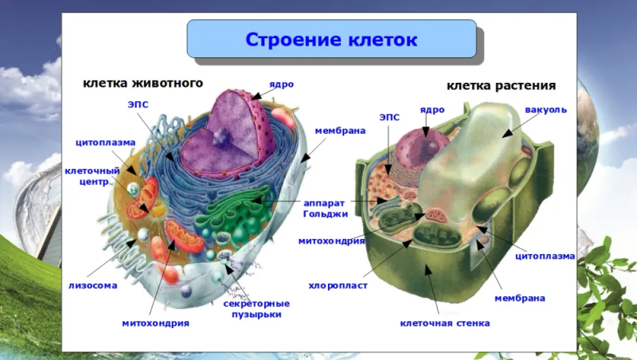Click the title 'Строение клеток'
(x=331, y=40)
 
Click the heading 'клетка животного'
(x=143, y=83)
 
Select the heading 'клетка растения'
(x=501, y=86)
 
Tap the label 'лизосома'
(x=92, y=286)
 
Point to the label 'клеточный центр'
(x=92, y=176)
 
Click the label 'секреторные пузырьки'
(x=256, y=309)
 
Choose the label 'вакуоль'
(x=545, y=110)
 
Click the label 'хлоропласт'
(x=338, y=286)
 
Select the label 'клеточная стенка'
(x=445, y=323)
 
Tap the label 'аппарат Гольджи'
(x=326, y=209)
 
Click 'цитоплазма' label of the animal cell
(x=105, y=143)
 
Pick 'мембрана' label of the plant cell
(x=520, y=298)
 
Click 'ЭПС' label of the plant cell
(x=389, y=117)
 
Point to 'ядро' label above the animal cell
(x=281, y=84)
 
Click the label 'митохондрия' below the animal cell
(x=155, y=323)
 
